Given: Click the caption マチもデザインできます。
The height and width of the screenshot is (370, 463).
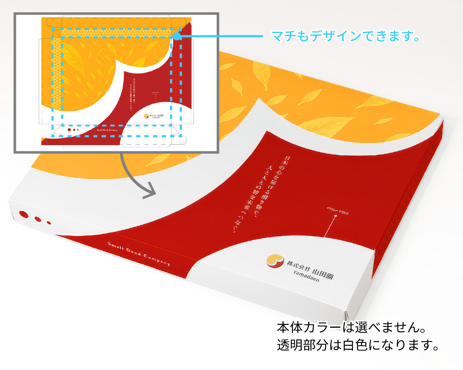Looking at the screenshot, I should (x=345, y=36).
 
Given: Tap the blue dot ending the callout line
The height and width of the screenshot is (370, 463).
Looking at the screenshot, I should (x=177, y=36).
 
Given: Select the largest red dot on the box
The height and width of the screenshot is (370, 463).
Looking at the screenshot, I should (x=24, y=215).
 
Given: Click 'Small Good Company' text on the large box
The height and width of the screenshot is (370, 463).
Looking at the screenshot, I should (x=139, y=254).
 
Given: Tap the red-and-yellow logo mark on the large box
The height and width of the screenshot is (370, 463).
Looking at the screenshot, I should (x=275, y=261).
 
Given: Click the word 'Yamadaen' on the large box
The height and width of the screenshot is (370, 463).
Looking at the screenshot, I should (x=306, y=276).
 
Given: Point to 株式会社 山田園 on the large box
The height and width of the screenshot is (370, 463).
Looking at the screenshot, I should (x=310, y=268).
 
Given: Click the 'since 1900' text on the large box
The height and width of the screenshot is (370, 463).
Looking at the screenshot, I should (x=338, y=211).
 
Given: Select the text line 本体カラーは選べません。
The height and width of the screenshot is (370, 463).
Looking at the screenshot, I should (x=351, y=327).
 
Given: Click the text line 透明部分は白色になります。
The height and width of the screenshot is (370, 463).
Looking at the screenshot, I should (x=358, y=345).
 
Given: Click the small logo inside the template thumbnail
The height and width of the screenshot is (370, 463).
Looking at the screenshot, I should (x=146, y=116).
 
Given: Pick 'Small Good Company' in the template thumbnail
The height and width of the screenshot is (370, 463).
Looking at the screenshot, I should (x=107, y=130).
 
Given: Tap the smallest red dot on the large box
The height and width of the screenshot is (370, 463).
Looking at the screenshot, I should (x=49, y=223).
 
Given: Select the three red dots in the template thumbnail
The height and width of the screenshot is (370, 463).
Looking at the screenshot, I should (x=73, y=130).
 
